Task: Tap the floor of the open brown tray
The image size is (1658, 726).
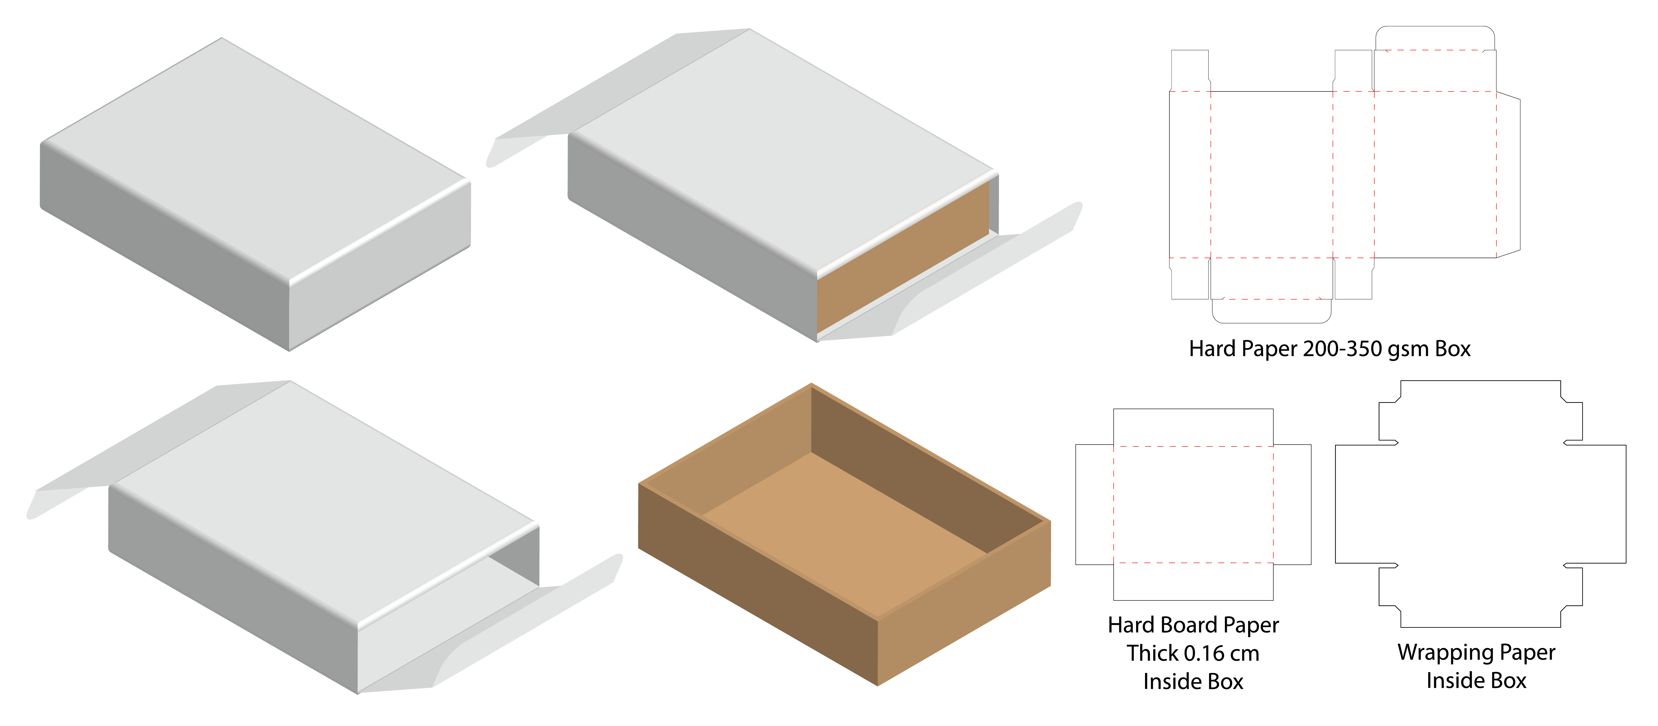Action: [x=843, y=528]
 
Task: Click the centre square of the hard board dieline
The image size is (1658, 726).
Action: [x=1193, y=505]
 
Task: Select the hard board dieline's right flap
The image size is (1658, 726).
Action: [x=1292, y=505]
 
